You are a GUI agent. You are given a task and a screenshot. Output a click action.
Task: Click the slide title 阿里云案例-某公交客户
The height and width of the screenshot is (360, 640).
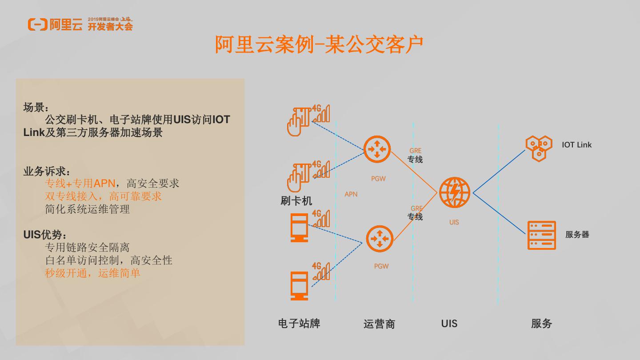[319, 44]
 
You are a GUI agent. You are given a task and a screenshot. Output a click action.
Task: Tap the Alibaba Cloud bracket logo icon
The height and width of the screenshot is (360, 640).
[37, 24]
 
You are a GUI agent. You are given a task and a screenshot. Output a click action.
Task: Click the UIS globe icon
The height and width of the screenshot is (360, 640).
[454, 193]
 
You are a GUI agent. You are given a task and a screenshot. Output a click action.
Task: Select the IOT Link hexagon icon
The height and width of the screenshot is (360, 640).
[538, 148]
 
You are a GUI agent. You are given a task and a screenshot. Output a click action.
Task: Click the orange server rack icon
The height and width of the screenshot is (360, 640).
[541, 235]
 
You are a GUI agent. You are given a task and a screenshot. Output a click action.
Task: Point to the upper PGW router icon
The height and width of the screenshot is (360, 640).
[377, 149]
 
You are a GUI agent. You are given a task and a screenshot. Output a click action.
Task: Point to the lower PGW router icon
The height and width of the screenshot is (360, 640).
[380, 239]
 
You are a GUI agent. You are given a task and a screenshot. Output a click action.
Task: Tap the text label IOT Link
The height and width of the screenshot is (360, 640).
[576, 145]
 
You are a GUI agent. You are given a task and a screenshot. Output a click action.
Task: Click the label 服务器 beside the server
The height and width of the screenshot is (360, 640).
[577, 235]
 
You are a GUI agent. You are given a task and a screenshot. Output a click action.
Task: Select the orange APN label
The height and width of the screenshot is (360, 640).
[351, 194]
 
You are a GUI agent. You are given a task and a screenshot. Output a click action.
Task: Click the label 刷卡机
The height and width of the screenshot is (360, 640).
[296, 201]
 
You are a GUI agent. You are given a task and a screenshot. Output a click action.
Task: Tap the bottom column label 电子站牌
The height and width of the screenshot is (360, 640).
[299, 324]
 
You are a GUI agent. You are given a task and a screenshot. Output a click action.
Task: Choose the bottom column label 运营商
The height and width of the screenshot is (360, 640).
[379, 324]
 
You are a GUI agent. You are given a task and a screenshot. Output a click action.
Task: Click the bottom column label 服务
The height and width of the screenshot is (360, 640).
[541, 324]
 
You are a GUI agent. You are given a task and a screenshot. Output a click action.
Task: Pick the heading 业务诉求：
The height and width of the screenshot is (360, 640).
[47, 171]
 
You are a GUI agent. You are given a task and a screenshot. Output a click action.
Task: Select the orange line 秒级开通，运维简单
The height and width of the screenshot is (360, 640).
[92, 273]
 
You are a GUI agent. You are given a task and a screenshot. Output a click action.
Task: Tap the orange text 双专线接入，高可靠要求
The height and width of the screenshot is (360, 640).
[103, 196]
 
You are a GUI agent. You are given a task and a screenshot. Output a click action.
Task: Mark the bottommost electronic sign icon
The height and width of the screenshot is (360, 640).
[299, 285]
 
